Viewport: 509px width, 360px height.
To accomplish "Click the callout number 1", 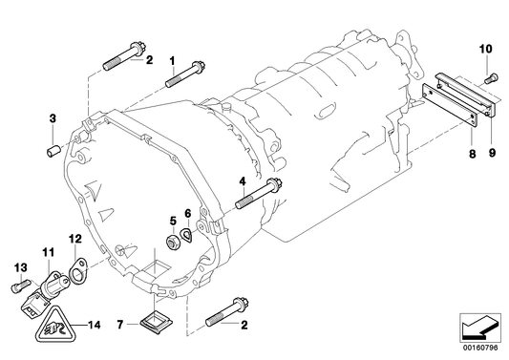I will coord(173,60).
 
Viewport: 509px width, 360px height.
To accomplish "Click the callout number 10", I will coord(485,48).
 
